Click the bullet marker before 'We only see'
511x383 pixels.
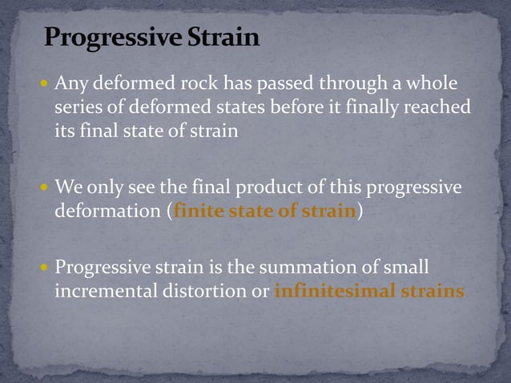45,187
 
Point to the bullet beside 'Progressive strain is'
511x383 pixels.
45,268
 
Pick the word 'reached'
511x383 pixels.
437,107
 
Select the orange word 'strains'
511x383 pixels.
433,291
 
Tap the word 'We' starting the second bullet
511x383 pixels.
68,187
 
